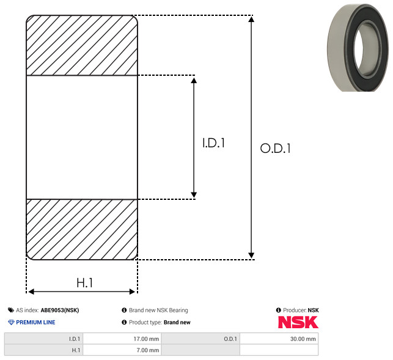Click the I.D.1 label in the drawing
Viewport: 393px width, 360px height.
(x=213, y=143)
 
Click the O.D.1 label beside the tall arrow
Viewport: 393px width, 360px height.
(x=276, y=148)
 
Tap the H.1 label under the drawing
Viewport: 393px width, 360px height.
(x=85, y=283)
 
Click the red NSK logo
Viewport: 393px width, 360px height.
(x=298, y=322)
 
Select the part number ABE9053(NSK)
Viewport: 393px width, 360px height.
(x=60, y=310)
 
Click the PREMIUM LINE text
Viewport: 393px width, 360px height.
(x=35, y=322)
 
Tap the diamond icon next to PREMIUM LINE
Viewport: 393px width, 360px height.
(x=11, y=322)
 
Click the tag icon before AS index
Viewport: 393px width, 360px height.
(x=11, y=310)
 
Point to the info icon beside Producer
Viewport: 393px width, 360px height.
(x=278, y=310)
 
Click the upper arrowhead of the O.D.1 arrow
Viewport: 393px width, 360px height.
(x=251, y=19)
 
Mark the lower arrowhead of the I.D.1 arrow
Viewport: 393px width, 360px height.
(x=194, y=195)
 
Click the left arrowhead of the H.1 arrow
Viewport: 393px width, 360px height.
(x=31, y=292)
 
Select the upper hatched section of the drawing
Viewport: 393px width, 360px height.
(x=82, y=45)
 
